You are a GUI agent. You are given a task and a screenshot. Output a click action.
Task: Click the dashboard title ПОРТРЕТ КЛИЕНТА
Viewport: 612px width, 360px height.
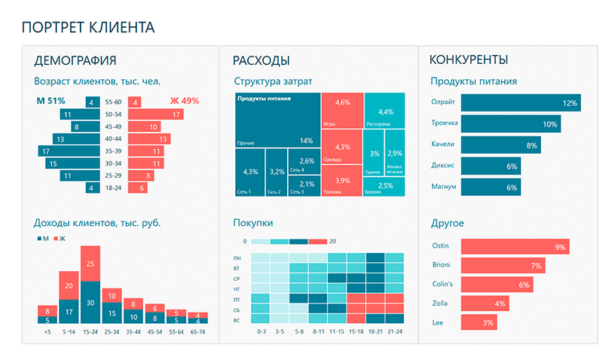click(x=88, y=28)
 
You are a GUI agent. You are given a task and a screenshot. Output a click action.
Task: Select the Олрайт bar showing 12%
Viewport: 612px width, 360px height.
click(x=519, y=102)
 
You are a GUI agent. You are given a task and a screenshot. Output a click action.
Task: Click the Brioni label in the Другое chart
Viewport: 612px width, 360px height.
click(x=441, y=265)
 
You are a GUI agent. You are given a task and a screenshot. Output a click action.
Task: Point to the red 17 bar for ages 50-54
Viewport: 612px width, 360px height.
click(x=156, y=114)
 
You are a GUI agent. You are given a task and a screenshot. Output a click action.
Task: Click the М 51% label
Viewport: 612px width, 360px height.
click(x=51, y=101)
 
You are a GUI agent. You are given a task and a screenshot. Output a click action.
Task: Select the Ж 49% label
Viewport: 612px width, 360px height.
click(x=184, y=101)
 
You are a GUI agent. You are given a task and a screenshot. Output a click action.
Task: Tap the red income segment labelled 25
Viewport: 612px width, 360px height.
click(x=90, y=264)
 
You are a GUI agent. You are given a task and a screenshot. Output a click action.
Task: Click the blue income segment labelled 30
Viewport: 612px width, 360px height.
click(x=90, y=302)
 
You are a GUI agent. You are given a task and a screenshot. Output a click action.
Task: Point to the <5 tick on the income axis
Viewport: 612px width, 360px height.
click(x=47, y=331)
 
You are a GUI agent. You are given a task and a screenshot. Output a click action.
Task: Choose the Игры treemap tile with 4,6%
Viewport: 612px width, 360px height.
click(x=341, y=109)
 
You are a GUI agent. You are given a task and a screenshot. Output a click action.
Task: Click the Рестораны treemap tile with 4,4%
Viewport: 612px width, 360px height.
click(x=384, y=110)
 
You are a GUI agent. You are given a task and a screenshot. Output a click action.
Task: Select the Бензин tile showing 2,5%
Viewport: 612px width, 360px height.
click(x=384, y=186)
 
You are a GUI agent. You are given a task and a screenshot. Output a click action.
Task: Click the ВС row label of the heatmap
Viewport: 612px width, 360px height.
click(x=238, y=320)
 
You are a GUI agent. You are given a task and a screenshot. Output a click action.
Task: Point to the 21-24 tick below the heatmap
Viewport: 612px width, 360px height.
click(x=394, y=331)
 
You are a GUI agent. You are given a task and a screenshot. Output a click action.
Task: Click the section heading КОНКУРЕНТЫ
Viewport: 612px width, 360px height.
click(x=468, y=60)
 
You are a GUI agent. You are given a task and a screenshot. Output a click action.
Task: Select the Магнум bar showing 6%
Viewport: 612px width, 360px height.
click(x=490, y=187)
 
